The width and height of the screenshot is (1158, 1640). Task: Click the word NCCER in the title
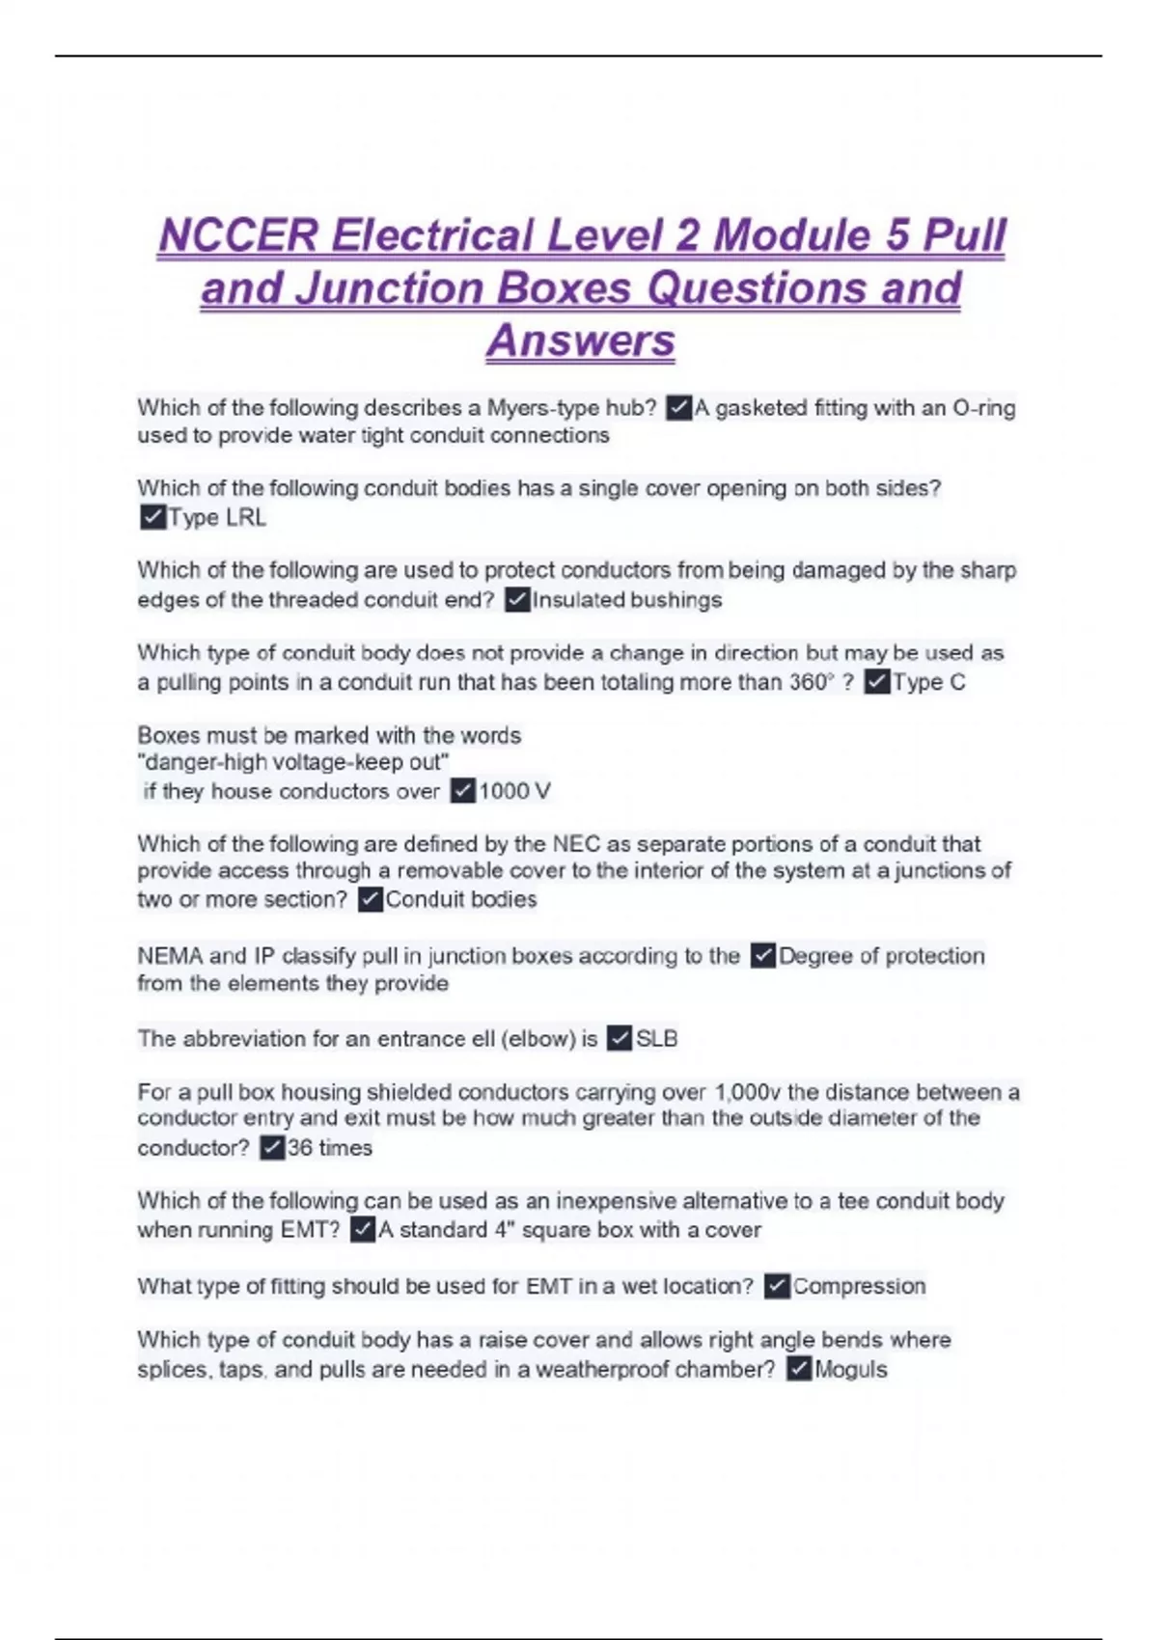(238, 235)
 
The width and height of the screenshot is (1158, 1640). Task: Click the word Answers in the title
(580, 340)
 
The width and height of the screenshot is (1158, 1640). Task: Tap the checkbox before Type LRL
(152, 517)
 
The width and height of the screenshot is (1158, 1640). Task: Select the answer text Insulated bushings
(627, 600)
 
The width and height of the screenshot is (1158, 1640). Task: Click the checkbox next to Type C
(876, 682)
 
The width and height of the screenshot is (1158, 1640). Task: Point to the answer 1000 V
(514, 791)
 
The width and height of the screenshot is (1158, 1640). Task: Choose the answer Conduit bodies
(461, 899)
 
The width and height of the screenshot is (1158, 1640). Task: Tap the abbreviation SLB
(656, 1039)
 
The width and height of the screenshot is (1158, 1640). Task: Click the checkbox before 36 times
(272, 1147)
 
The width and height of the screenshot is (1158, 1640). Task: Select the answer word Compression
(859, 1286)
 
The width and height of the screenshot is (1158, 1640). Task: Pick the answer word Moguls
(850, 1369)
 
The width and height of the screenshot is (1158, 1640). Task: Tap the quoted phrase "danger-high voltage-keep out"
(293, 762)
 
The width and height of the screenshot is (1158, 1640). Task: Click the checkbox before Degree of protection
(762, 956)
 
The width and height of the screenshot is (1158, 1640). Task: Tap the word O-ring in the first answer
(983, 408)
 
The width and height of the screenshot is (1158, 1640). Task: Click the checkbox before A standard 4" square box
(362, 1230)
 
